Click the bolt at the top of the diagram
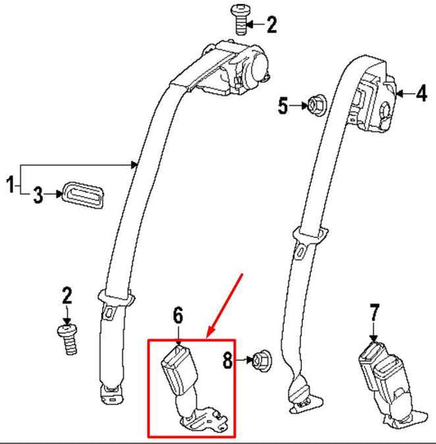click(240, 20)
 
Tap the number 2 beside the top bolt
click(272, 25)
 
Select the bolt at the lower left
click(68, 339)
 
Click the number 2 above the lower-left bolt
click(67, 296)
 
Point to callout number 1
click(10, 184)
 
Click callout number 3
click(38, 195)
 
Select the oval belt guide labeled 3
click(83, 195)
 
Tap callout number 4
click(421, 93)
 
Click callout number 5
click(283, 105)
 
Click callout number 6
click(178, 315)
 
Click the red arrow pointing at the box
click(224, 306)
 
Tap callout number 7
click(375, 312)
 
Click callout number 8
click(227, 361)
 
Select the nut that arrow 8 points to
click(261, 361)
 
